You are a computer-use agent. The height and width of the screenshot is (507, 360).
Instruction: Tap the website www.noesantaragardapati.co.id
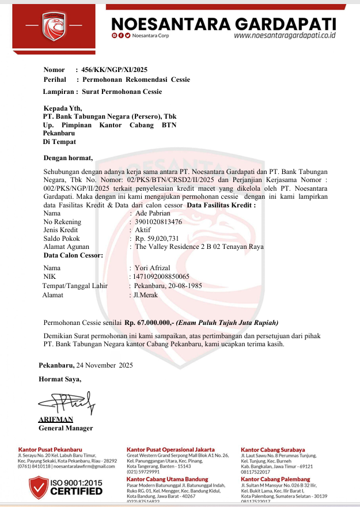pos(285,35)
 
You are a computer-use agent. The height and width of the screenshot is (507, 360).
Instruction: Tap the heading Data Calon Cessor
pos(73,255)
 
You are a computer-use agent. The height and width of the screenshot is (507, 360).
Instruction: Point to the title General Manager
pos(66,428)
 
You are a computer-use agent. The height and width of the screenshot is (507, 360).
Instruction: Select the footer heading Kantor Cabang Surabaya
pos(272,449)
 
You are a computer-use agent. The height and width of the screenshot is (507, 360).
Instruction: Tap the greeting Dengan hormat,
pos(68,157)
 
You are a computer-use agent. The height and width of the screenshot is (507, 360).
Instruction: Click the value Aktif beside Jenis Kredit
pos(142,230)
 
